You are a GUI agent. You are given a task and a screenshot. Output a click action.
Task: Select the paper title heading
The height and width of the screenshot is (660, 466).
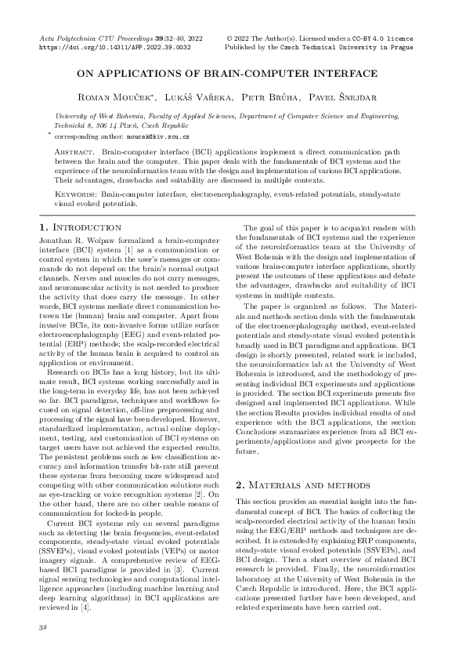coord(233,75)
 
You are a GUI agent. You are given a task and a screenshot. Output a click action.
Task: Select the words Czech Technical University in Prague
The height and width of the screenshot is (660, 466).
coord(372,47)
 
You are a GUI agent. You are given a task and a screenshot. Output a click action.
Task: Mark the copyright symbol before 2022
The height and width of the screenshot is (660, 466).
coord(229,38)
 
